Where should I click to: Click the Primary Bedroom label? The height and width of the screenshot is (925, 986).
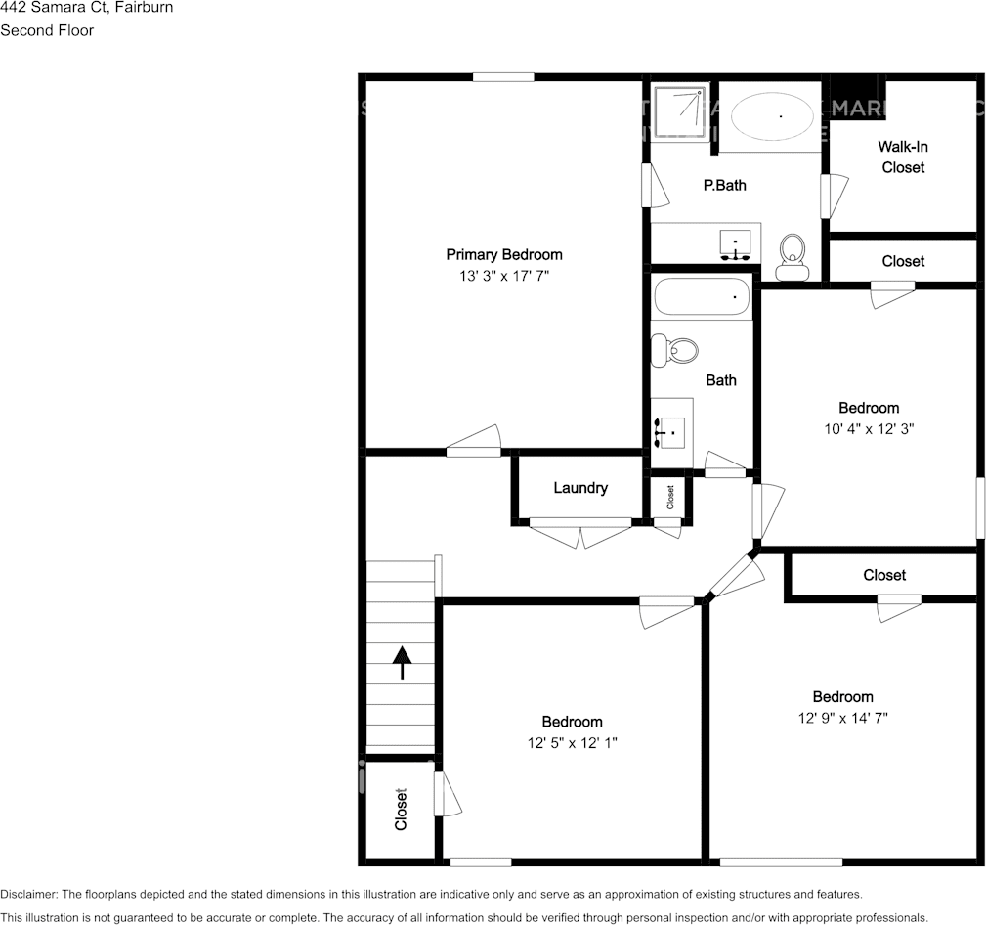click(503, 255)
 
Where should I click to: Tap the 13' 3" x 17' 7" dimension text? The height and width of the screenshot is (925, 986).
click(503, 277)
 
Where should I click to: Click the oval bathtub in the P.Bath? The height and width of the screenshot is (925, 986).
click(772, 117)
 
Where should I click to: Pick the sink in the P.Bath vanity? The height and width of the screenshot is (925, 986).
click(734, 241)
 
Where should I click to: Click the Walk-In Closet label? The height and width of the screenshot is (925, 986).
click(903, 156)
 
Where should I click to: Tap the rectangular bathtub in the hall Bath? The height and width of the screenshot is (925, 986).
click(702, 296)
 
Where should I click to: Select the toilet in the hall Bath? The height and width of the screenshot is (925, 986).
click(675, 350)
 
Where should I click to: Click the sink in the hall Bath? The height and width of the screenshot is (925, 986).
click(671, 427)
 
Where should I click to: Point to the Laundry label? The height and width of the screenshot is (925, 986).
click(580, 488)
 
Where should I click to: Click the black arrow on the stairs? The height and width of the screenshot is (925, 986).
click(401, 662)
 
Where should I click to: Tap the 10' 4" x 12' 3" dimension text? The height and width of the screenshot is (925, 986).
click(869, 428)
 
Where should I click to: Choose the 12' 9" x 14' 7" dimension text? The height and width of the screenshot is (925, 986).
click(842, 718)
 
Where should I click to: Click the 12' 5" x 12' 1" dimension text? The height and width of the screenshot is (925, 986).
click(572, 743)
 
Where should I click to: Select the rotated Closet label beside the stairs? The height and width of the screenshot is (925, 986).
click(401, 810)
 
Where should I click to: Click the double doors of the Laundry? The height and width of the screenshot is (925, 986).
click(579, 534)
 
